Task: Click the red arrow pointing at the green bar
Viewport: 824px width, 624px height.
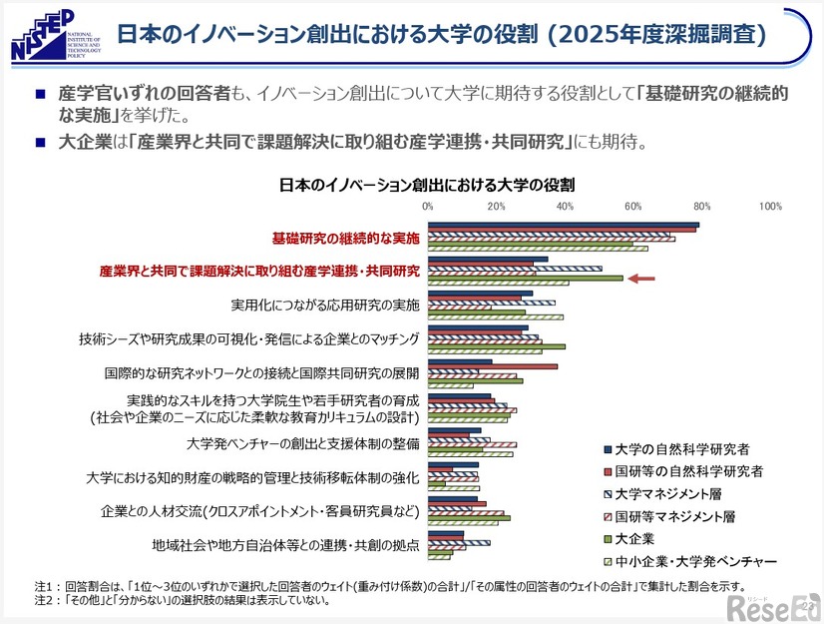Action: tap(640, 279)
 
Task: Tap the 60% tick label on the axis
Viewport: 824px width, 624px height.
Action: tap(632, 207)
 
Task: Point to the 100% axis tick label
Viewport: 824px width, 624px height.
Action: tap(770, 207)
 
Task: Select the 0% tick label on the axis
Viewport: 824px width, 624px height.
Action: tap(428, 207)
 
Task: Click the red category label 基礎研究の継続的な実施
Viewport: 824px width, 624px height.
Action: tap(345, 239)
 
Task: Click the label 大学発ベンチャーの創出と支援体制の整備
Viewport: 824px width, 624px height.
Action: tap(302, 442)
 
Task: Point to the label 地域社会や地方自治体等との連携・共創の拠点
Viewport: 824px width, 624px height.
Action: tap(285, 545)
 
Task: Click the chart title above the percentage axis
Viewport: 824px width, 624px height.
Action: tap(426, 185)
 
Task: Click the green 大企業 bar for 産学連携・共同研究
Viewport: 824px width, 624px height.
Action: tap(525, 279)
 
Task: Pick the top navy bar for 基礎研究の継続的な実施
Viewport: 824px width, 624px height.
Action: tap(564, 225)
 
